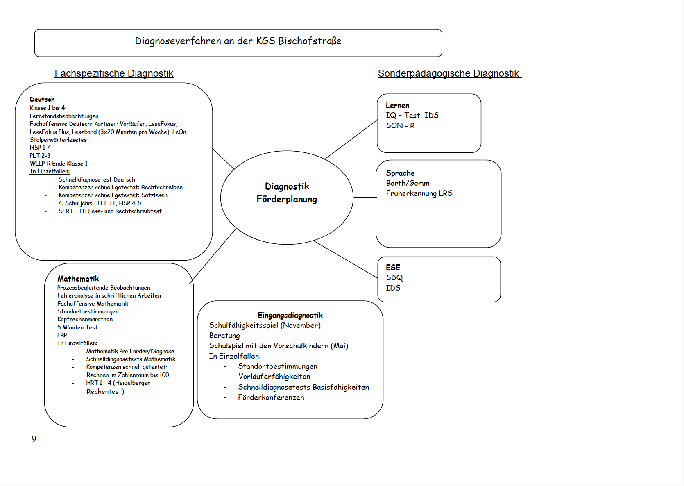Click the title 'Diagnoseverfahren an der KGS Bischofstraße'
(238, 41)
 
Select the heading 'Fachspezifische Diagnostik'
(114, 73)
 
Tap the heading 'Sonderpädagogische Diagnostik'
(448, 73)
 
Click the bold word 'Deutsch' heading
(42, 99)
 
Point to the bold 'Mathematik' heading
(78, 279)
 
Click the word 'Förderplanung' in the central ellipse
(287, 199)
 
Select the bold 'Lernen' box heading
(397, 105)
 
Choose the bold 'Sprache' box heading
(400, 173)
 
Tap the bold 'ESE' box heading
(393, 267)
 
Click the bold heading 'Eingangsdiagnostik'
(290, 315)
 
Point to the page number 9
(34, 439)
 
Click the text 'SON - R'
(400, 125)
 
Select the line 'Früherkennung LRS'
(419, 193)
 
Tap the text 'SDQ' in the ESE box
(394, 277)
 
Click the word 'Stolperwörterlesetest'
(59, 140)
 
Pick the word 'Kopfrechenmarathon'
(85, 319)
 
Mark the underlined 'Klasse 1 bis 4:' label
(48, 108)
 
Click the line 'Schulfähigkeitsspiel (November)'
(265, 325)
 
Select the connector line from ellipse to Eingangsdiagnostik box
(288, 273)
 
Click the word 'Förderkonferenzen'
(271, 397)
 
